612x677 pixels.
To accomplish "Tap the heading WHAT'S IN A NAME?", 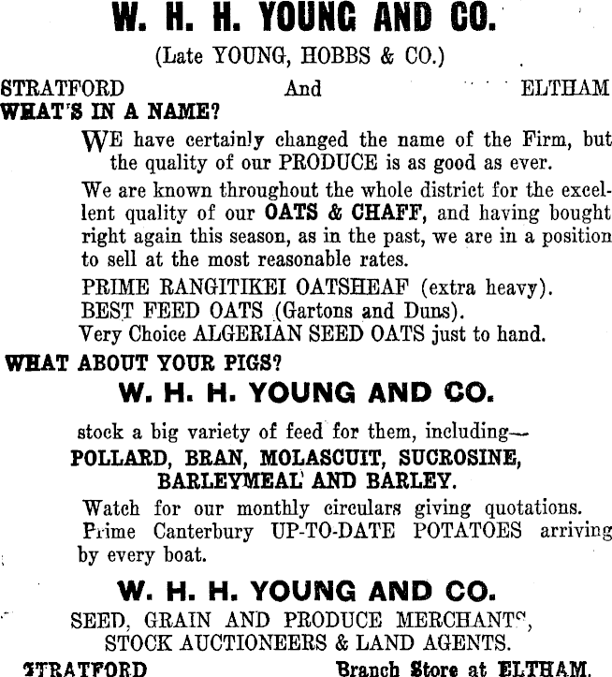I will coord(110,111).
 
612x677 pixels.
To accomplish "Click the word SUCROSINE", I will coord(459,460).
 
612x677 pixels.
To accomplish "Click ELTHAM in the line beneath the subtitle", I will coord(563,88).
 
